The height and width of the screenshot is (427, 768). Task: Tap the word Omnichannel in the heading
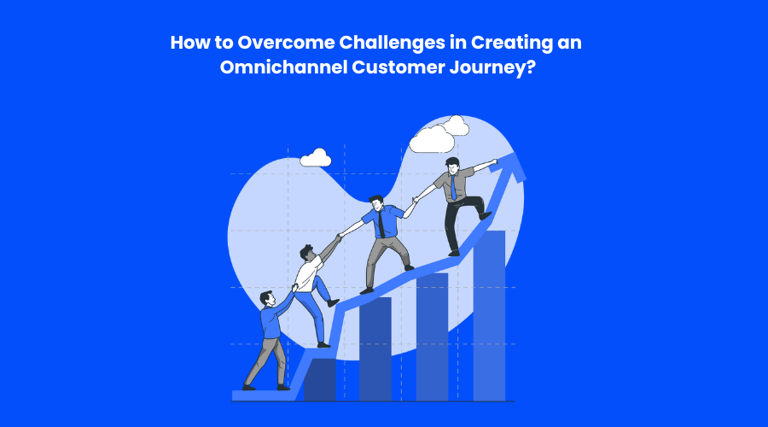point(283,67)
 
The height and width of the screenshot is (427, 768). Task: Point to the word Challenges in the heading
point(393,44)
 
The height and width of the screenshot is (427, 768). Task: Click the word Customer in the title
point(398,67)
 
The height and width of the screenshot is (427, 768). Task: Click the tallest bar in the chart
point(489,316)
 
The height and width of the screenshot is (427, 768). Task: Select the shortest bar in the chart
point(320,380)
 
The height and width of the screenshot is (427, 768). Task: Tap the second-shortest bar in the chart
point(375,349)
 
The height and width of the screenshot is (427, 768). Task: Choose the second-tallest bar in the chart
point(432,337)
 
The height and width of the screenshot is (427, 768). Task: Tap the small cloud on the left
point(316,158)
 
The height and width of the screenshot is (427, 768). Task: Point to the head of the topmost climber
point(452,164)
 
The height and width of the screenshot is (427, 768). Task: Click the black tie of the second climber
point(381,225)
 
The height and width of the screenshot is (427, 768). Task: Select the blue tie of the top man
point(454,187)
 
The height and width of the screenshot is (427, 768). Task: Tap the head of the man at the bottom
point(267,298)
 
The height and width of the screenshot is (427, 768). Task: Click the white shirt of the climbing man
point(309,273)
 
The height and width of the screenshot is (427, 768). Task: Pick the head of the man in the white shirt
point(307,252)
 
